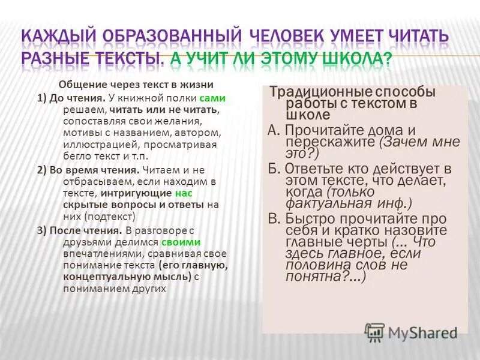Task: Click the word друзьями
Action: [86, 241]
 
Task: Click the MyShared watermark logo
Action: [412, 330]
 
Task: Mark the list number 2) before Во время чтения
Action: [42, 169]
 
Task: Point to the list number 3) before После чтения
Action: [42, 230]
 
